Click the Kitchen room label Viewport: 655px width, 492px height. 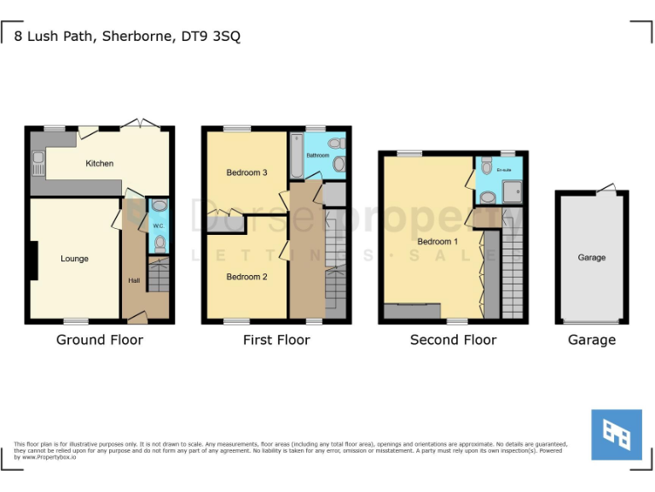pyautogui.click(x=99, y=163)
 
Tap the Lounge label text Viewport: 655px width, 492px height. pyautogui.click(x=74, y=259)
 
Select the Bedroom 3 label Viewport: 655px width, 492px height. pyautogui.click(x=246, y=173)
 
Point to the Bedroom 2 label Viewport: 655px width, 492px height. pyautogui.click(x=246, y=277)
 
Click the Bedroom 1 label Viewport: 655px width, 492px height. pyautogui.click(x=438, y=242)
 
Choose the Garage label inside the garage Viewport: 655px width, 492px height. pyautogui.click(x=592, y=257)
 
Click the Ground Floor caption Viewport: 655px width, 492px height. pyautogui.click(x=100, y=340)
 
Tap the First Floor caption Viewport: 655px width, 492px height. pyautogui.click(x=276, y=340)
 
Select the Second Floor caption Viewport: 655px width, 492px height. pyautogui.click(x=453, y=340)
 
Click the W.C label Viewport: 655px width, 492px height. pyautogui.click(x=159, y=226)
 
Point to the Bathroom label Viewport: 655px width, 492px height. pyautogui.click(x=318, y=155)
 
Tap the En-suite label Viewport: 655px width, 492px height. pyautogui.click(x=505, y=170)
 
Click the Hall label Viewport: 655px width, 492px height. pyautogui.click(x=134, y=280)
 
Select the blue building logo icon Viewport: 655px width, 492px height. pyautogui.click(x=617, y=435)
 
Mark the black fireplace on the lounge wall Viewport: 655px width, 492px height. pyautogui.click(x=33, y=261)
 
